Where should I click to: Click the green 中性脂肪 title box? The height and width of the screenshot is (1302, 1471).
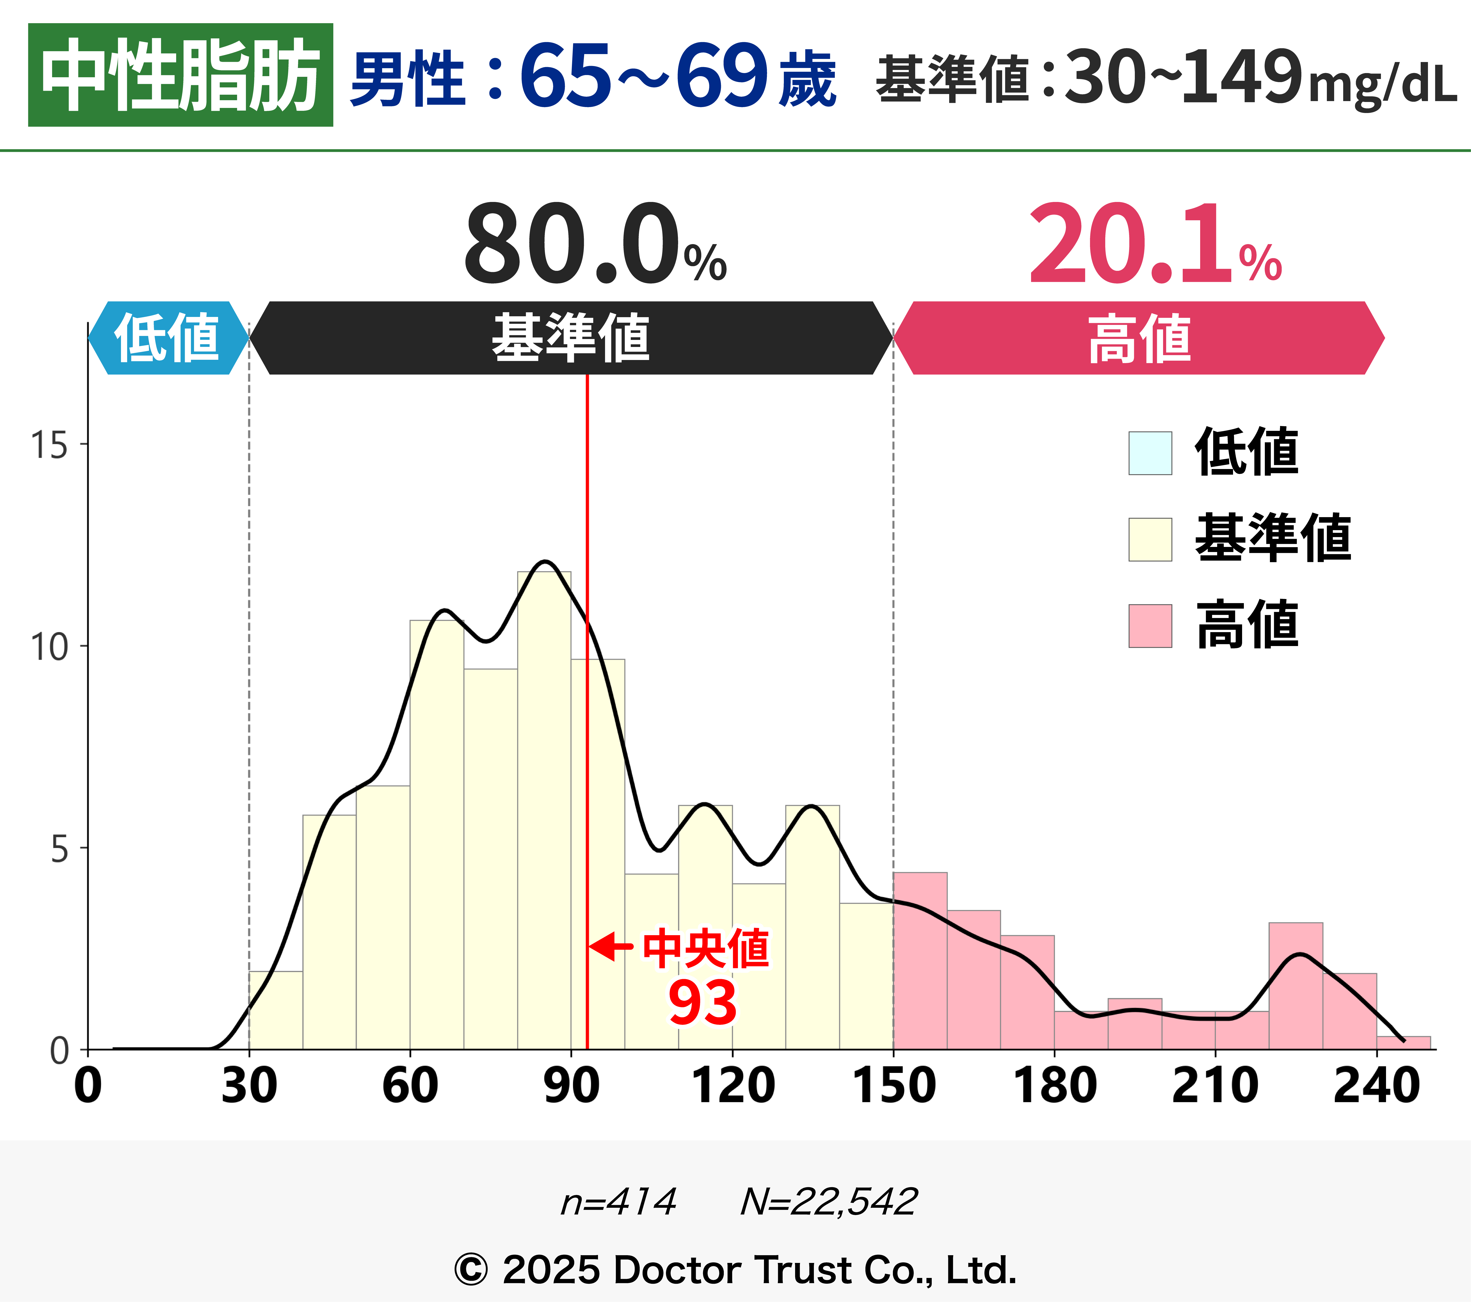click(180, 75)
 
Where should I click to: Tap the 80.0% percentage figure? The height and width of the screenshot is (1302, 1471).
click(594, 245)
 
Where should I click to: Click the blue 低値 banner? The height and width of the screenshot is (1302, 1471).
click(168, 337)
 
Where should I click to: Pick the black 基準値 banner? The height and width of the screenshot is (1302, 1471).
click(571, 337)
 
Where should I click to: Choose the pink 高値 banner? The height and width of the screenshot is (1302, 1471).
click(1139, 337)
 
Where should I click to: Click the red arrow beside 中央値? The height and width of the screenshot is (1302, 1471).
click(612, 946)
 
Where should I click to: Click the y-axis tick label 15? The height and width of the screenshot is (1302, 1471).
click(49, 445)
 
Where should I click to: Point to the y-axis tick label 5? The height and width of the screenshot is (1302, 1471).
click(59, 849)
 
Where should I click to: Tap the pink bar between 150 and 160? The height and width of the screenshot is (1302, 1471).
click(920, 961)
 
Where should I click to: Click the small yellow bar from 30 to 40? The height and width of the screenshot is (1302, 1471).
click(276, 1011)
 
